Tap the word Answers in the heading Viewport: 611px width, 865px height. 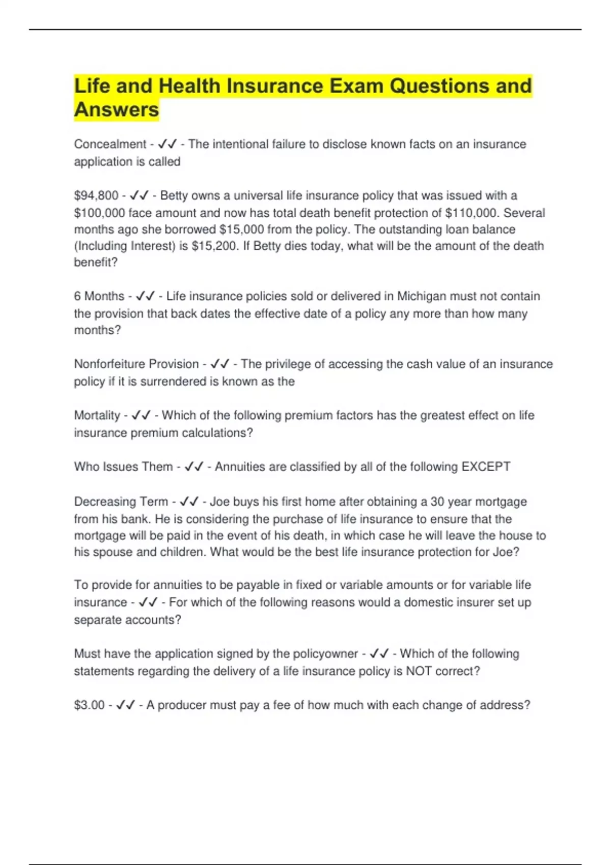click(x=117, y=110)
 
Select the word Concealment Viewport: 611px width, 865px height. click(x=110, y=145)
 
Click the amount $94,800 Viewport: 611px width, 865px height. click(x=96, y=196)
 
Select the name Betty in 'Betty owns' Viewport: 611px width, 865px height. click(x=174, y=196)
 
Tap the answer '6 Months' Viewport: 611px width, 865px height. click(x=99, y=296)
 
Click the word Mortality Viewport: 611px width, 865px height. click(x=97, y=416)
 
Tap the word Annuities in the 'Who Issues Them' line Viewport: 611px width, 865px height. click(x=239, y=467)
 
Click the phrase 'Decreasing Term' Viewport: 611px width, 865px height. click(x=121, y=502)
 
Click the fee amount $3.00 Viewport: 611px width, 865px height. click(x=90, y=705)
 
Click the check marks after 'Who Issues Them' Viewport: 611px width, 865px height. click(x=194, y=467)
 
